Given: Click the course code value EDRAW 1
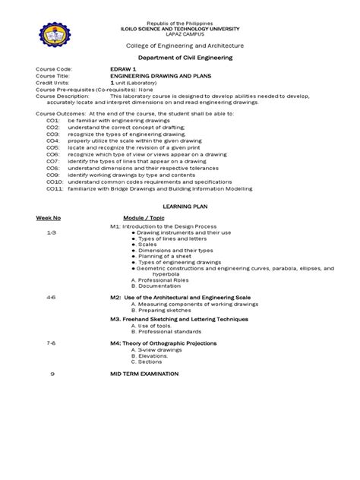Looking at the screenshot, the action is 124,68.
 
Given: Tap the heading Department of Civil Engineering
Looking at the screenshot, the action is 179,57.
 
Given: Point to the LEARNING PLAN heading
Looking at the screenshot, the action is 181,207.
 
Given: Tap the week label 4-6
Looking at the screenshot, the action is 51,298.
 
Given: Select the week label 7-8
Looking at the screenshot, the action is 51,343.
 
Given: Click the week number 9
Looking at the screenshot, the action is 52,374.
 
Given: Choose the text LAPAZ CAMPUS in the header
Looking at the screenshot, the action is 180,34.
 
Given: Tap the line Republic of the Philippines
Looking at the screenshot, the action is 180,24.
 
